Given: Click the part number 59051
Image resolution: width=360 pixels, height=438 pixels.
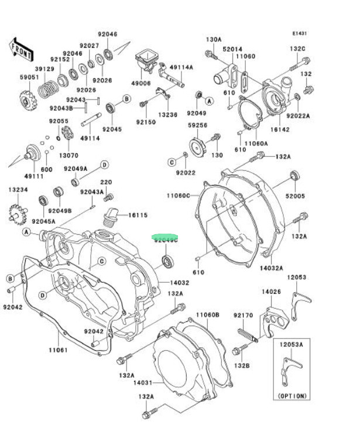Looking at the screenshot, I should coord(29,77).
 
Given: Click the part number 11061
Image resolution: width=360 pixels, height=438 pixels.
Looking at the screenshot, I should coord(57,350).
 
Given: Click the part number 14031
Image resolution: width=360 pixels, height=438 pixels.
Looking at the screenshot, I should coord(142,383).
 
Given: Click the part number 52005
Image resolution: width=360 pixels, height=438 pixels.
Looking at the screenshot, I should coord(296,197).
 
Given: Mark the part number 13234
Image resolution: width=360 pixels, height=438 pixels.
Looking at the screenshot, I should coord(18,190).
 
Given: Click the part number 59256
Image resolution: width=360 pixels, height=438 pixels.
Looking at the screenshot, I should coord(197,125).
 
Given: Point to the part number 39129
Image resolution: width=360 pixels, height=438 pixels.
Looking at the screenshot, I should coord(44,69).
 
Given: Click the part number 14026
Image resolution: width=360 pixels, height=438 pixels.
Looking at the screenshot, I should coord(270,291).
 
